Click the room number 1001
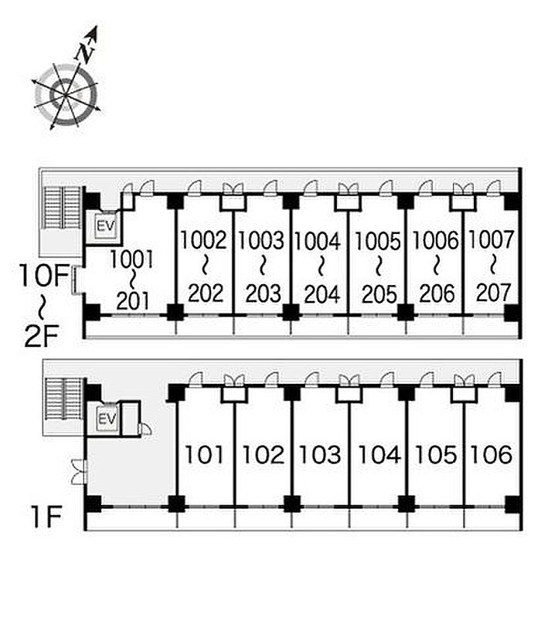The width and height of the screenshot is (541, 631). tap(131, 260)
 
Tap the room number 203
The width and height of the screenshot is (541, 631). tap(263, 293)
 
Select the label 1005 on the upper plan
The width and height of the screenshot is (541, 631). tap(378, 241)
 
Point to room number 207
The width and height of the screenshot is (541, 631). tap(493, 293)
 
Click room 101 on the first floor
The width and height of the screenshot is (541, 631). tap(204, 455)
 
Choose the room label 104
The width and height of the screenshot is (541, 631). tap(379, 455)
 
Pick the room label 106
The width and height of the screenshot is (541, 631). tap(492, 455)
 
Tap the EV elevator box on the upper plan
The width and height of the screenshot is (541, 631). tap(106, 226)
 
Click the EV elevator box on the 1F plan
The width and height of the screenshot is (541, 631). tap(107, 419)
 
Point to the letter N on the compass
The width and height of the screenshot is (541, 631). tap(85, 53)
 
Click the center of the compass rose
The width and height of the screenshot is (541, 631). tap(65, 95)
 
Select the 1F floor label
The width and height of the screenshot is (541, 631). tap(46, 517)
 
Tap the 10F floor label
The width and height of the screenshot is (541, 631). tap(44, 276)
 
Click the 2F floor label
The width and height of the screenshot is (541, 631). tap(42, 337)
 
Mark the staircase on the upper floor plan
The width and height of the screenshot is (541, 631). tap(62, 207)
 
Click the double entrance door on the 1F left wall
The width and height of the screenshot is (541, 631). tap(79, 471)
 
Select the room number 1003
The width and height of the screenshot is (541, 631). tap(261, 240)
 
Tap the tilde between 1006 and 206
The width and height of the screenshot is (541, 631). tap(436, 266)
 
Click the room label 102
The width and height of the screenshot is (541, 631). tap(263, 455)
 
